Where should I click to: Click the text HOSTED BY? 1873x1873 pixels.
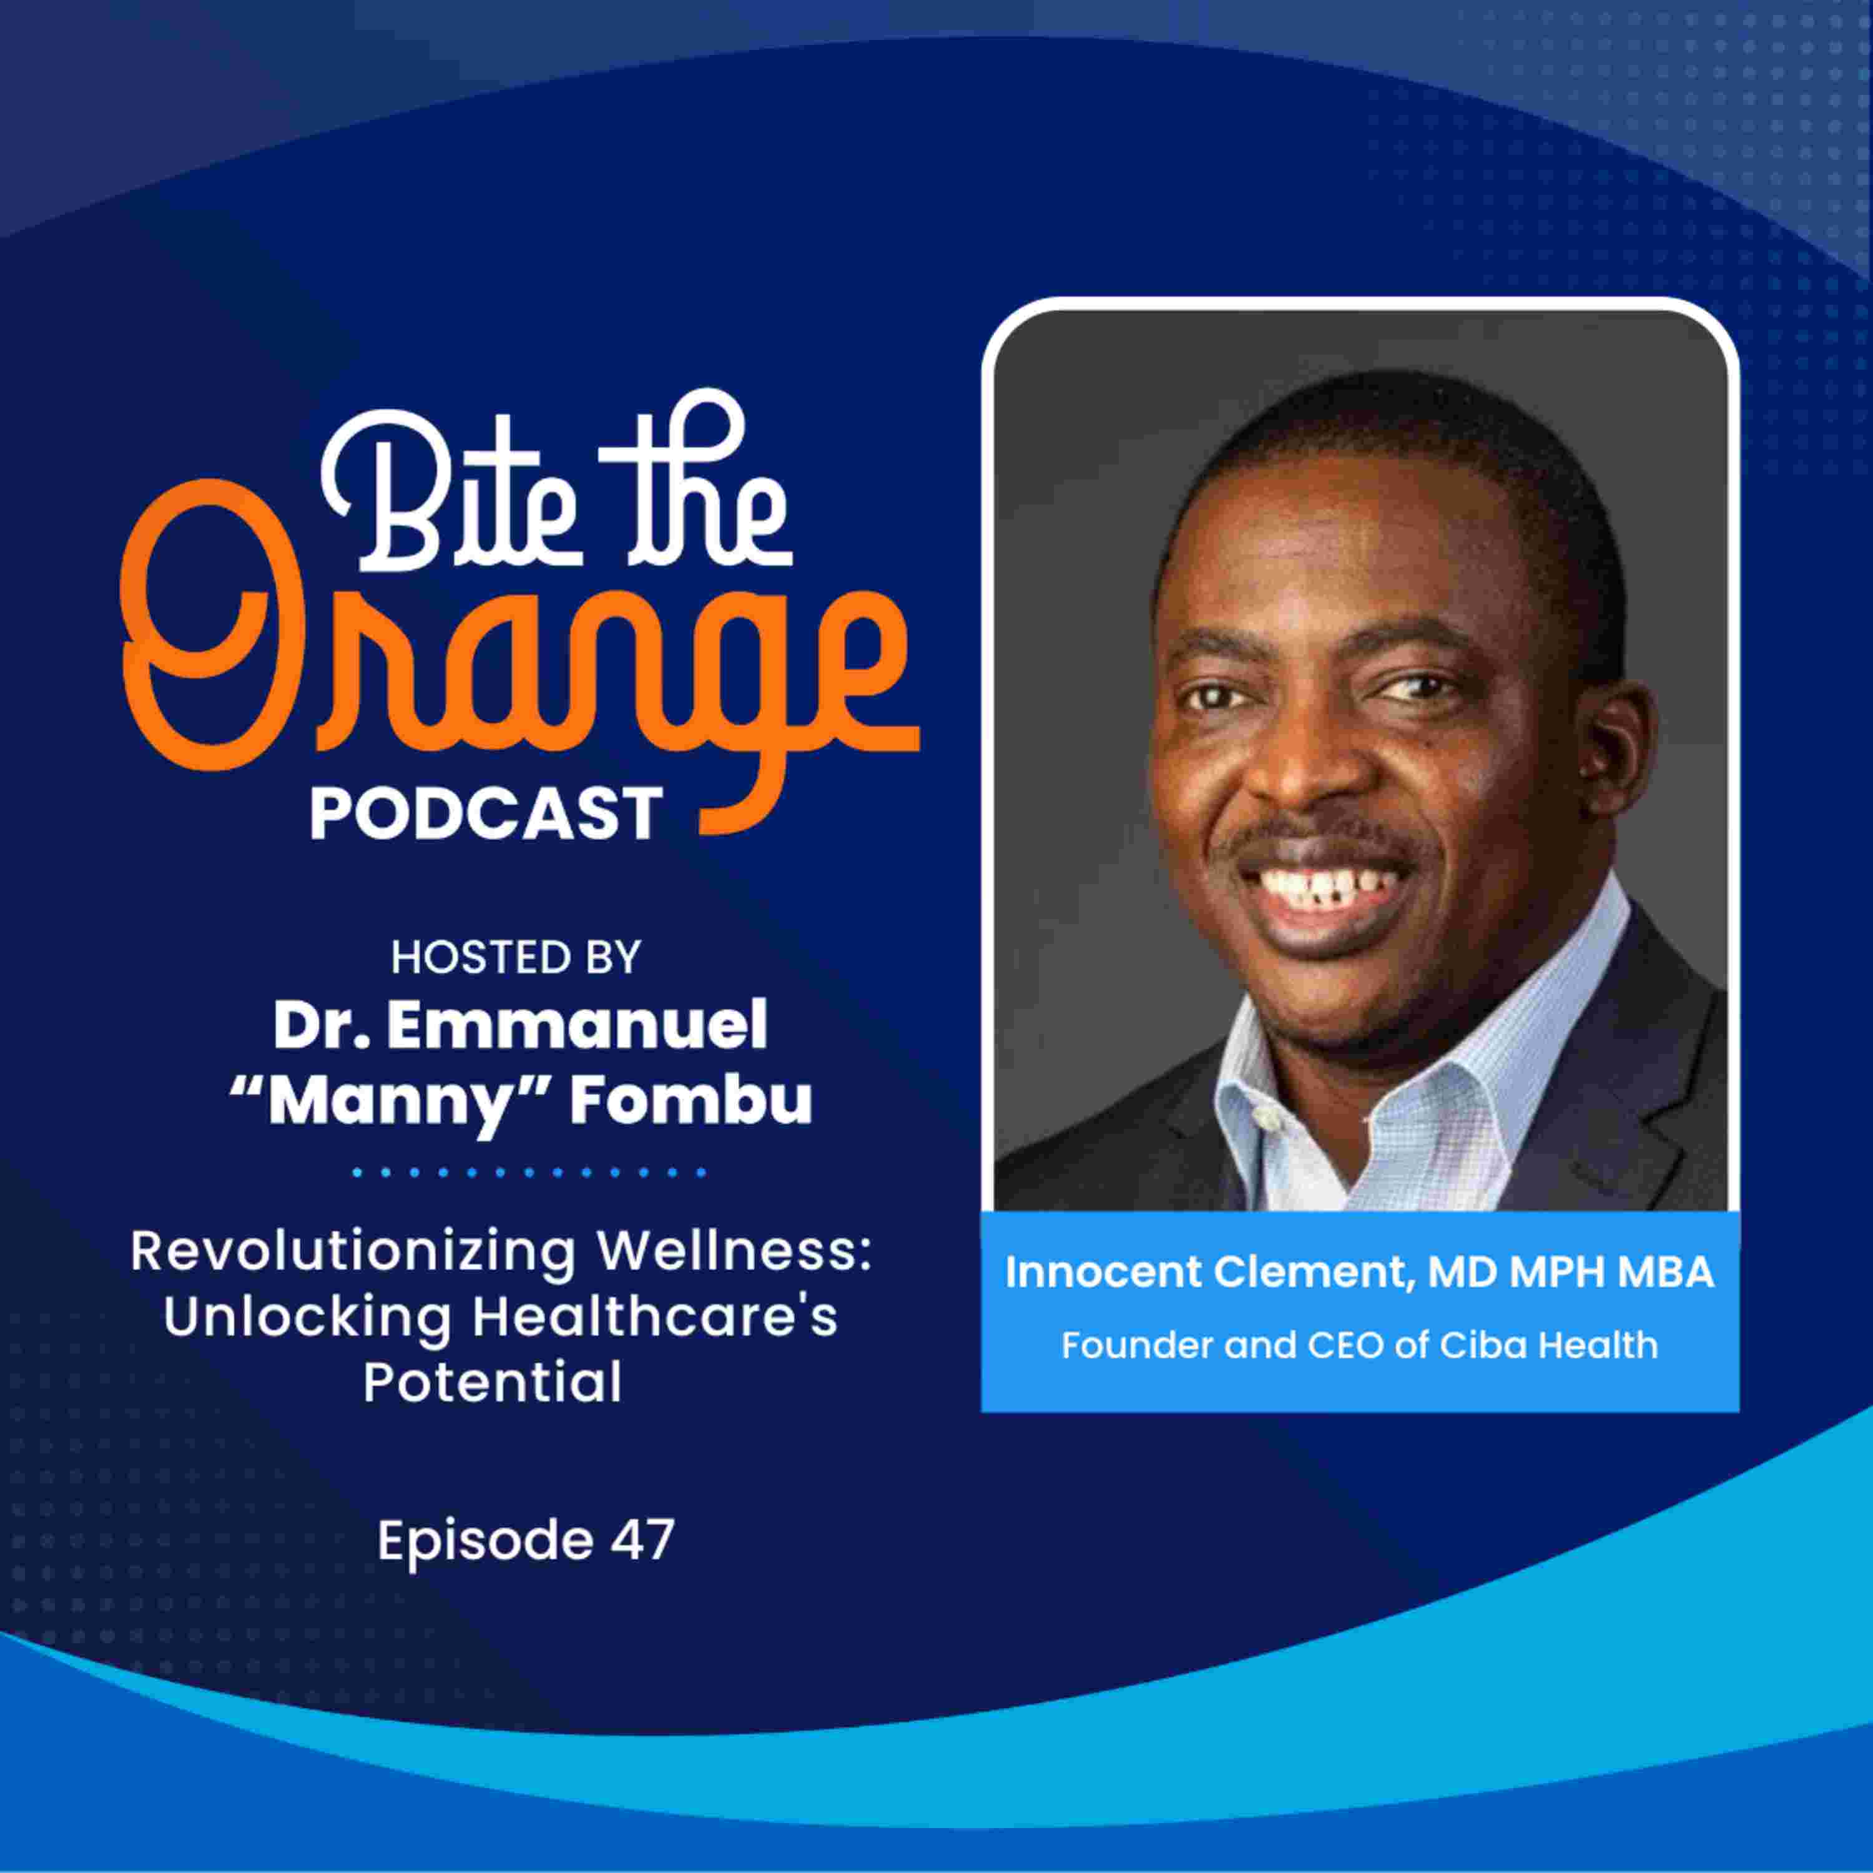pyautogui.click(x=516, y=958)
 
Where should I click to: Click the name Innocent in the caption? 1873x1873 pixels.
pyautogui.click(x=1104, y=1272)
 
